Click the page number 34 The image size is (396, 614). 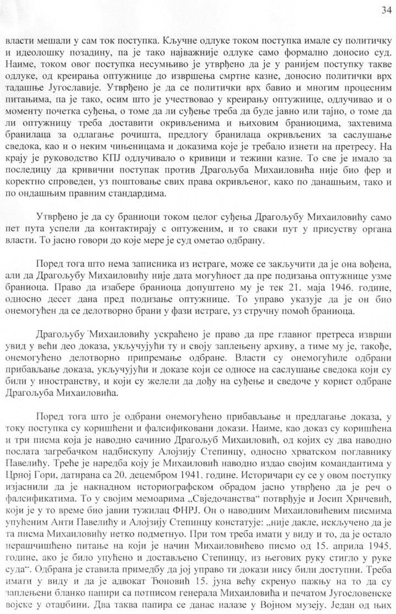click(x=384, y=9)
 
